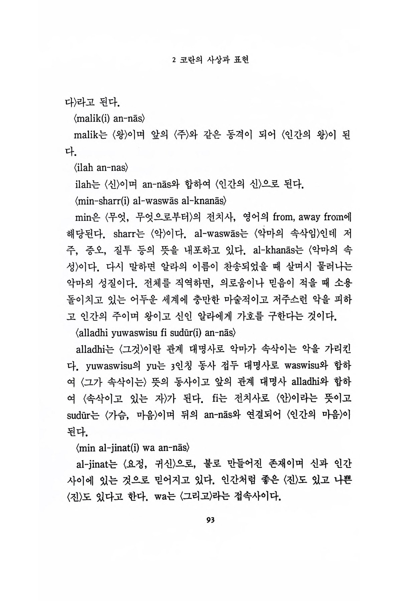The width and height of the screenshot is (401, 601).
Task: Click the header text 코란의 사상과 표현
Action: point(215,60)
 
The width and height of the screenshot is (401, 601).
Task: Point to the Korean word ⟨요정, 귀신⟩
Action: point(147,464)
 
